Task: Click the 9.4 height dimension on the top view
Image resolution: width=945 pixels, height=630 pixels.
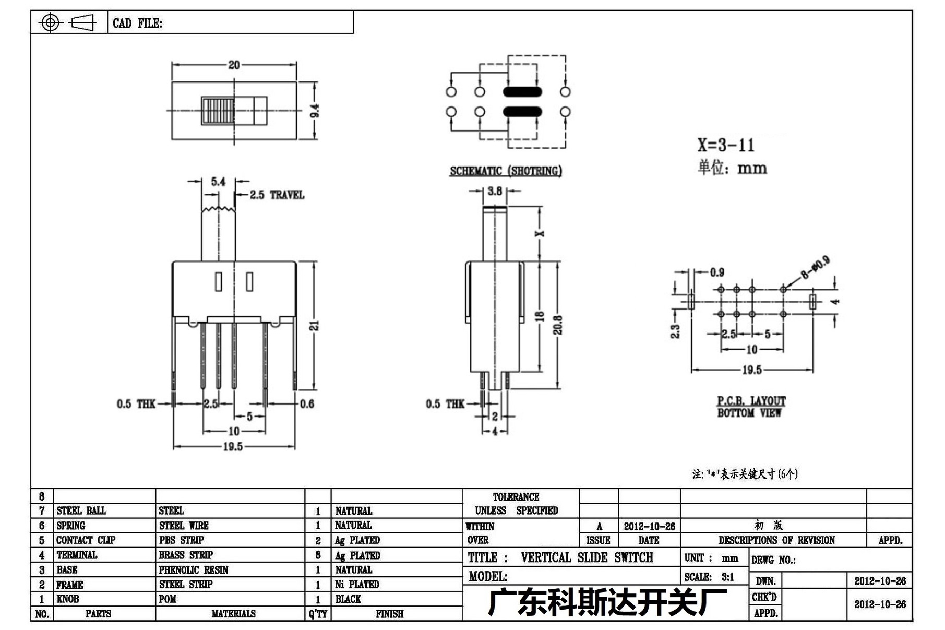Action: [315, 111]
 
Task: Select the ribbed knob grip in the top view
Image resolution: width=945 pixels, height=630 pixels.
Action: [218, 111]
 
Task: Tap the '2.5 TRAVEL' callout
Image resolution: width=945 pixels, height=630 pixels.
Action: [277, 195]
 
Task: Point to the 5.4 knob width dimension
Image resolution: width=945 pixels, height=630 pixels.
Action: [218, 182]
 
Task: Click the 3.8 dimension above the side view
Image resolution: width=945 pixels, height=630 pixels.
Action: [495, 191]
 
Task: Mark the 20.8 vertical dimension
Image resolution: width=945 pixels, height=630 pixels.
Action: [558, 325]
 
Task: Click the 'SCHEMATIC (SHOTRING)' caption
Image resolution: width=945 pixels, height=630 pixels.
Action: [506, 171]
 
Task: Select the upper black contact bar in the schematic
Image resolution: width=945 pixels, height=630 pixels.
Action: [522, 92]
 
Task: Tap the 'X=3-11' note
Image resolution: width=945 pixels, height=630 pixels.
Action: [726, 145]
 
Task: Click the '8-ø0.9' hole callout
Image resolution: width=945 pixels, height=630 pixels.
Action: [815, 267]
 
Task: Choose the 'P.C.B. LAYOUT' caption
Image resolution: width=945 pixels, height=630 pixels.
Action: [751, 401]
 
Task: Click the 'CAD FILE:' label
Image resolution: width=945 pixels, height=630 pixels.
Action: [137, 23]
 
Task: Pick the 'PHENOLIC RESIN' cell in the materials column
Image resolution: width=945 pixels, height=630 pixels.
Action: [194, 570]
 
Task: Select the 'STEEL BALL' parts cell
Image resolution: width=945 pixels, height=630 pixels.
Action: [81, 510]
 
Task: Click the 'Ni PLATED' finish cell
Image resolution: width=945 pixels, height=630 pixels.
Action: [357, 585]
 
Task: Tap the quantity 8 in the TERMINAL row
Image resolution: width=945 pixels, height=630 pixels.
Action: [318, 555]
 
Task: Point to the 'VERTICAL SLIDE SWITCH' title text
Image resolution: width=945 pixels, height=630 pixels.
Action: [587, 557]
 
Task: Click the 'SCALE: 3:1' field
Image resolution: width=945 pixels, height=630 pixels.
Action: [709, 577]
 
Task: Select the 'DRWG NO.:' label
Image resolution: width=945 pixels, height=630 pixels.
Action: [773, 560]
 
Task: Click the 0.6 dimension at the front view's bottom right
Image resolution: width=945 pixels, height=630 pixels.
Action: [307, 404]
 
